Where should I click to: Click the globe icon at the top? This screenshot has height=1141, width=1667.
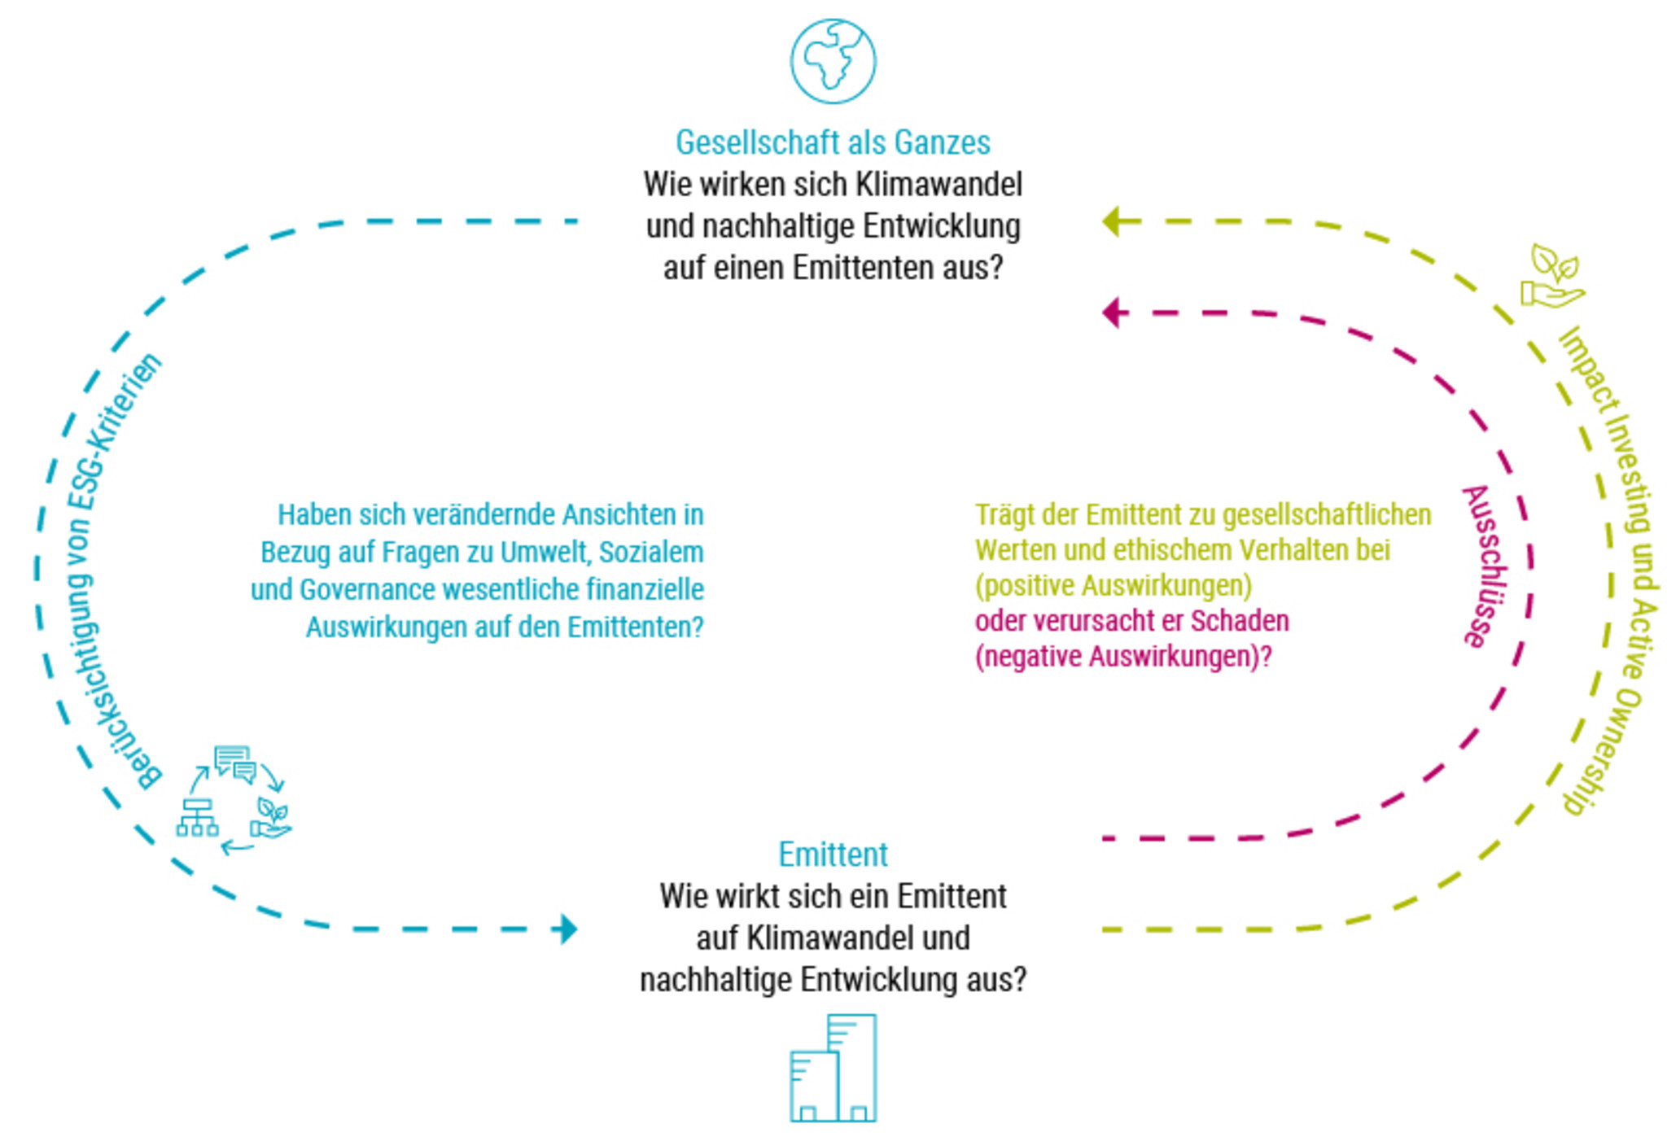point(833,62)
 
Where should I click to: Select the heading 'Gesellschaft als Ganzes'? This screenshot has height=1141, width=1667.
point(833,142)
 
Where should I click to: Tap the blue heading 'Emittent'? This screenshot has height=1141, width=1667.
point(833,855)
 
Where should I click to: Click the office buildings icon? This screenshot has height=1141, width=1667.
point(833,1069)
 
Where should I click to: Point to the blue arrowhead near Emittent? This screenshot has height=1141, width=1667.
point(567,929)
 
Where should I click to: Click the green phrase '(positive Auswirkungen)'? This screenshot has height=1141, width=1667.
point(1114,585)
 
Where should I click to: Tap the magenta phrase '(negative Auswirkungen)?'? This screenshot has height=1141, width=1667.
point(1123,656)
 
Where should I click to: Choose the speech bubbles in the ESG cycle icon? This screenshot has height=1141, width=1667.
point(235,763)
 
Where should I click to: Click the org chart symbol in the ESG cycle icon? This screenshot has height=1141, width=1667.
point(197,817)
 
